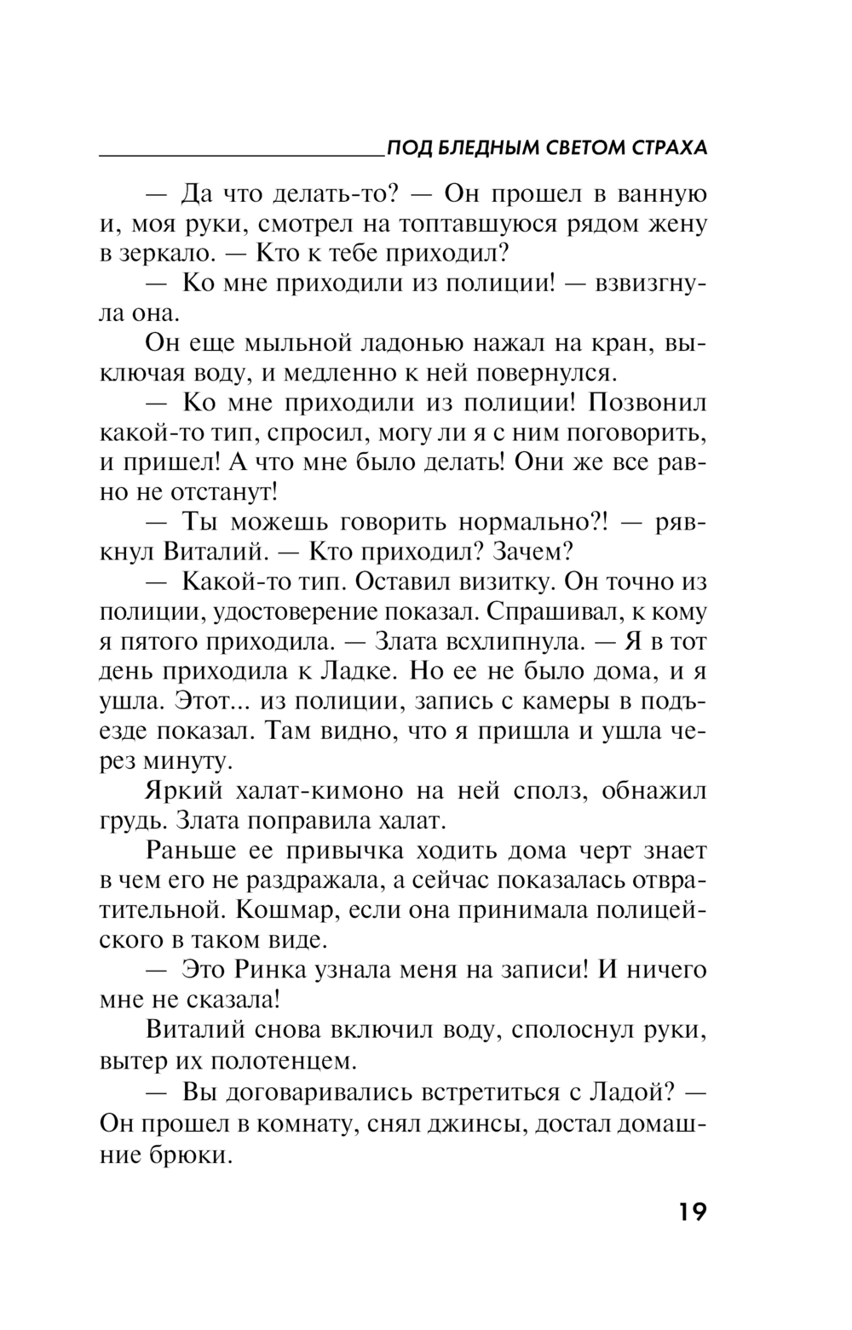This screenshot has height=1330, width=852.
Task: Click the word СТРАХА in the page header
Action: pyautogui.click(x=668, y=148)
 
